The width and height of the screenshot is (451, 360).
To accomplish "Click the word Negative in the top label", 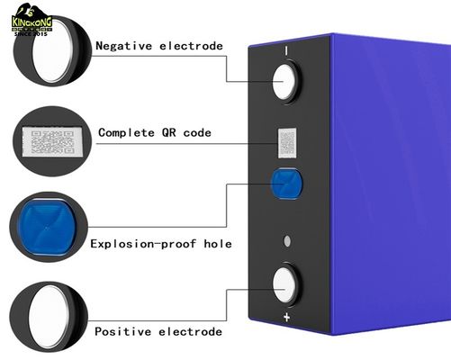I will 125,45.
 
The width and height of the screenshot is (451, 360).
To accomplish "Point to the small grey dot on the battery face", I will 287,240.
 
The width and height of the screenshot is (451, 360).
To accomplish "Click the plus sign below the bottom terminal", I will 287,318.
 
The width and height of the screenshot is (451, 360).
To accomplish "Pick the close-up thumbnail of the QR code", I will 49,141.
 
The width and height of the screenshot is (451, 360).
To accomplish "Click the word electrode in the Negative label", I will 190,45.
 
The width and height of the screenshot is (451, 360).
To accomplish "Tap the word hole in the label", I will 217,243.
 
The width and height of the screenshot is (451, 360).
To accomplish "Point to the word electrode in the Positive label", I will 190,332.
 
